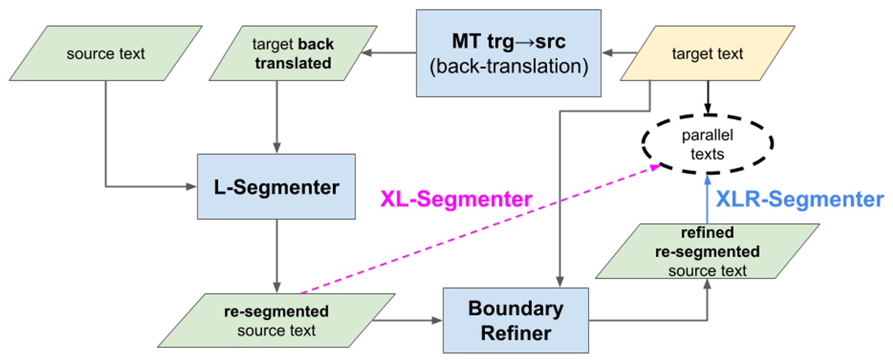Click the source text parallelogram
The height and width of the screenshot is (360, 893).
105,54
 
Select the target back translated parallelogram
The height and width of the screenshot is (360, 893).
293,54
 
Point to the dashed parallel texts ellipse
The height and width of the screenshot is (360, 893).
707,145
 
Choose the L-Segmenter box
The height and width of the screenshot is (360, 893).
276,186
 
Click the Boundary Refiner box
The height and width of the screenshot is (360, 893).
515,320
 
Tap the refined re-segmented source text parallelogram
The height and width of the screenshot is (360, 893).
707,251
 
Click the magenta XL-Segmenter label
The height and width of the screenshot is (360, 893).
456,199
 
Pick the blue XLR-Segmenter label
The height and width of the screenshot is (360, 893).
798,199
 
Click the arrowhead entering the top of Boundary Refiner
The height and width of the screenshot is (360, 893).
559,282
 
